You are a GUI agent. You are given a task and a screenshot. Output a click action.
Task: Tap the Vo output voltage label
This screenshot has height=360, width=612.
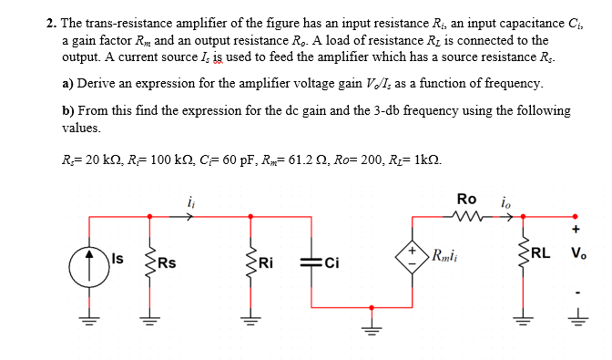tap(577, 254)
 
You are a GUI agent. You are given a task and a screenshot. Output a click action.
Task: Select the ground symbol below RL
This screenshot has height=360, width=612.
tap(522, 319)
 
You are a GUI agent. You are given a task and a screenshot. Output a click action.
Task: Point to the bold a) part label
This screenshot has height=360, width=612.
tap(68, 84)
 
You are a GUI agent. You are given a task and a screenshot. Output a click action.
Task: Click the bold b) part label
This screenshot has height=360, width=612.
tap(68, 111)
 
